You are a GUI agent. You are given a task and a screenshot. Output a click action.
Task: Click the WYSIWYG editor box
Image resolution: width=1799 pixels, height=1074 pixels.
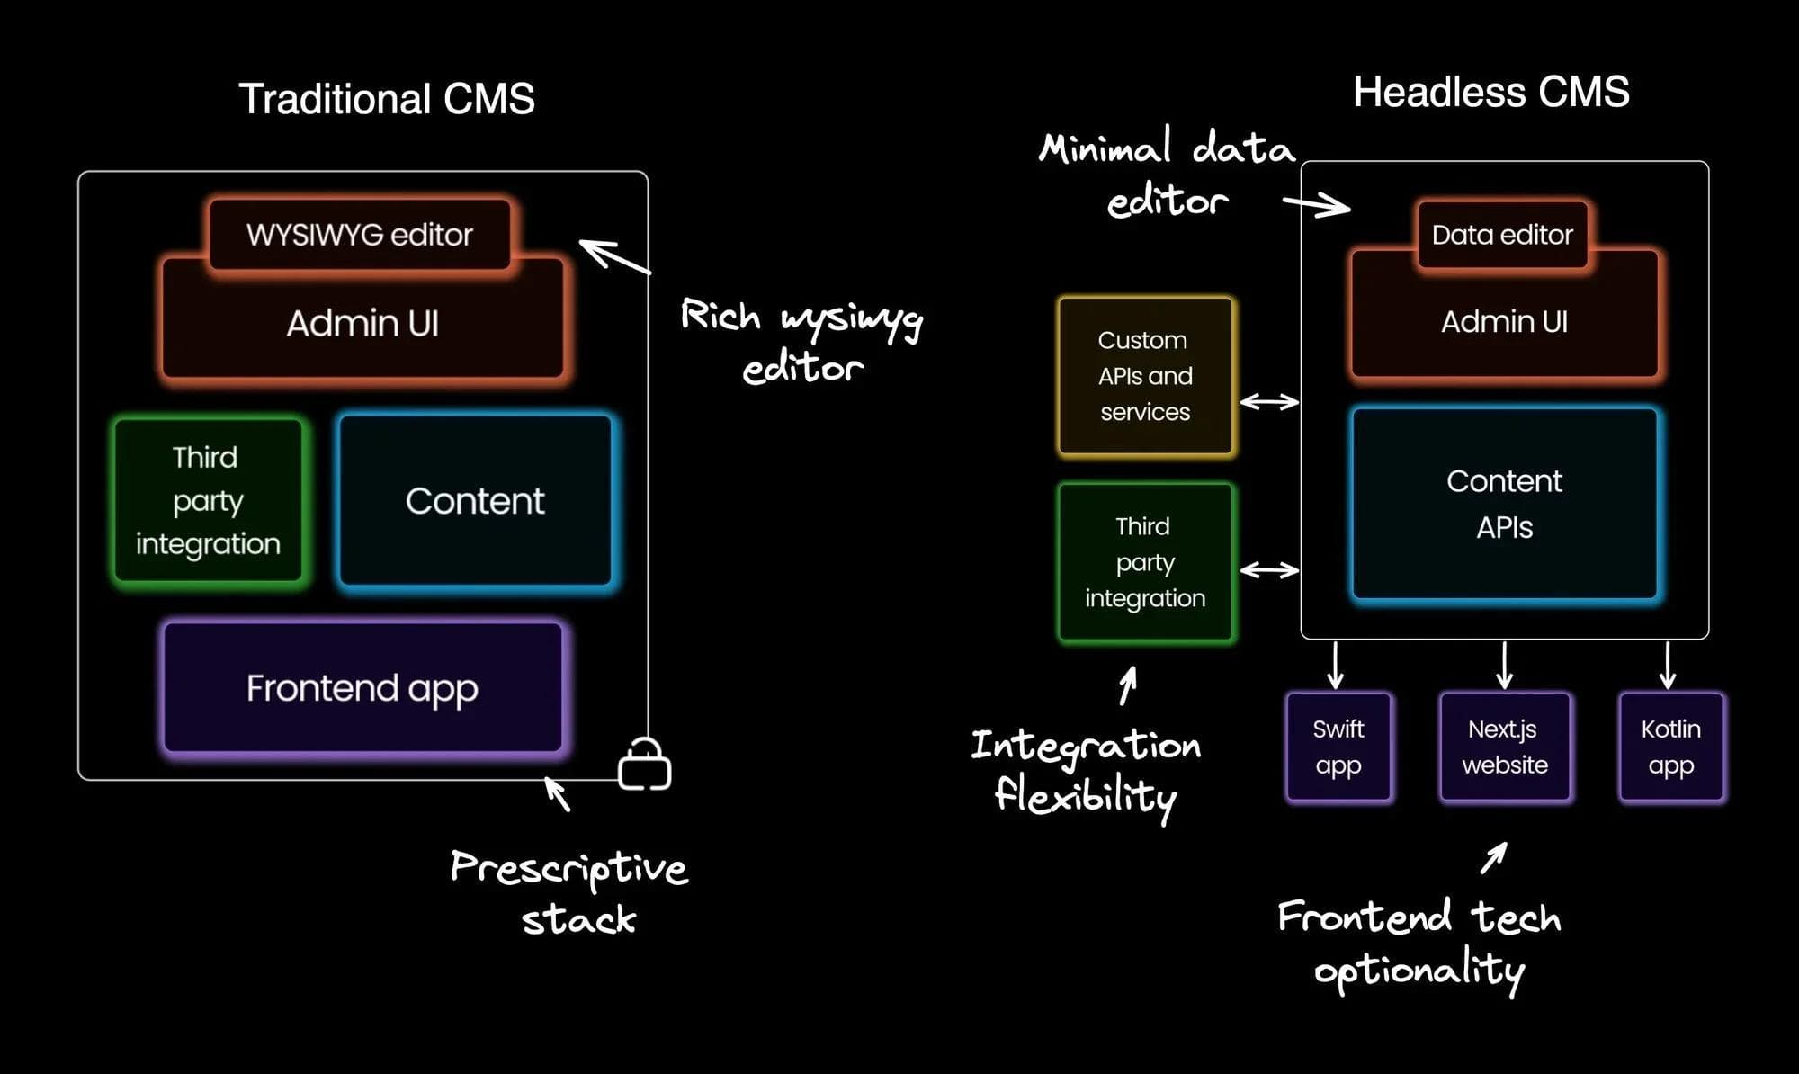[x=360, y=235]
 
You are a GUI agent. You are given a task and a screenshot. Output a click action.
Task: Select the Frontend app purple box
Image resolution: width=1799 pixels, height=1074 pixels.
[x=362, y=688]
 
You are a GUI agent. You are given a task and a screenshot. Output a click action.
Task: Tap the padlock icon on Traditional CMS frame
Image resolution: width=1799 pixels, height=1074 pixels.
[x=645, y=765]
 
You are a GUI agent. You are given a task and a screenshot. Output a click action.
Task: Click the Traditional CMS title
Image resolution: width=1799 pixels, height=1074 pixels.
[x=387, y=99]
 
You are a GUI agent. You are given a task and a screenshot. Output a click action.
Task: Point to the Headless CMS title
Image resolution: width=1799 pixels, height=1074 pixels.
[x=1491, y=93]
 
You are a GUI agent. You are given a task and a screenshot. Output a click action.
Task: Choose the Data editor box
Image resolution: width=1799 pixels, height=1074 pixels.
[x=1502, y=235]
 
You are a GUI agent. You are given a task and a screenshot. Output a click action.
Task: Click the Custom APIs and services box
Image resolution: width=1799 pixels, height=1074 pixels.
[x=1145, y=376]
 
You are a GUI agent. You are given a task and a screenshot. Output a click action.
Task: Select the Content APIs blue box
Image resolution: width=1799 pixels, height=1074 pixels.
[x=1504, y=504]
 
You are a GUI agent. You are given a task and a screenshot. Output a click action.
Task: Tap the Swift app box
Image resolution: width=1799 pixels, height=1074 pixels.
[x=1338, y=747]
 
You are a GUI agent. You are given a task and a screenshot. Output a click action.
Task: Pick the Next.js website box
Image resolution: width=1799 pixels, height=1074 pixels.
[x=1505, y=747]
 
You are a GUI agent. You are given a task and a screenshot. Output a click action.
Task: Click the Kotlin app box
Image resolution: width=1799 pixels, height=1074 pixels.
[x=1670, y=747]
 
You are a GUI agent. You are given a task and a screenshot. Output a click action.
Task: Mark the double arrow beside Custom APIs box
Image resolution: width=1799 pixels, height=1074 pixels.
[x=1268, y=402]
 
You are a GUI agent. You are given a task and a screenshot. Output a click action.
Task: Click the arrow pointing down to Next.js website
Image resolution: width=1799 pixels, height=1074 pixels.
[x=1505, y=666]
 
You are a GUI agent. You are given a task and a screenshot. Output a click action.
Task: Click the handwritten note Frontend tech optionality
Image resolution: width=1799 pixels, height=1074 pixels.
[x=1419, y=944]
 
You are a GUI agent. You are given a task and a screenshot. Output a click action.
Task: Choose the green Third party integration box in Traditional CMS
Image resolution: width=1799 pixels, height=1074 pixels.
[x=208, y=501]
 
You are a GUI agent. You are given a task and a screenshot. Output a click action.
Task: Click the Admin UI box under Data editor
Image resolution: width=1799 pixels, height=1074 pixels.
[x=1504, y=322]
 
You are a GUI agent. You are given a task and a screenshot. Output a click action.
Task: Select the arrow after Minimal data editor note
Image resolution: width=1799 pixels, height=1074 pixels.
[x=1317, y=206]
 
